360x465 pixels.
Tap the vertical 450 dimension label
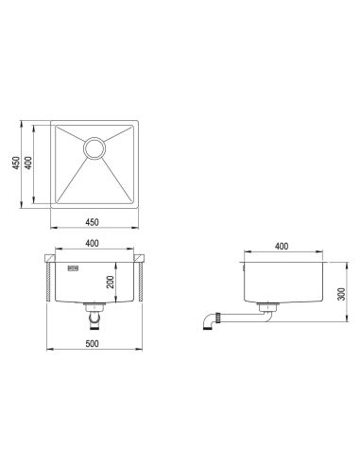pyautogui.click(x=16, y=163)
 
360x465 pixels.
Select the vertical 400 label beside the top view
pyautogui.click(x=28, y=163)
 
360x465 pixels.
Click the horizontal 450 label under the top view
pyautogui.click(x=92, y=222)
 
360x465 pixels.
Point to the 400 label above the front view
pyautogui.click(x=92, y=243)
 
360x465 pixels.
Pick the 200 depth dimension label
pyautogui.click(x=110, y=283)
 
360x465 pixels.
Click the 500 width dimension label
pyautogui.click(x=92, y=344)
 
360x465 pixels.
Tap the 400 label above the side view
pyautogui.click(x=282, y=246)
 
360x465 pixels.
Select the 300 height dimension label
pyautogui.click(x=341, y=294)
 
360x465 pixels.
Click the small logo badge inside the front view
pyautogui.click(x=73, y=268)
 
